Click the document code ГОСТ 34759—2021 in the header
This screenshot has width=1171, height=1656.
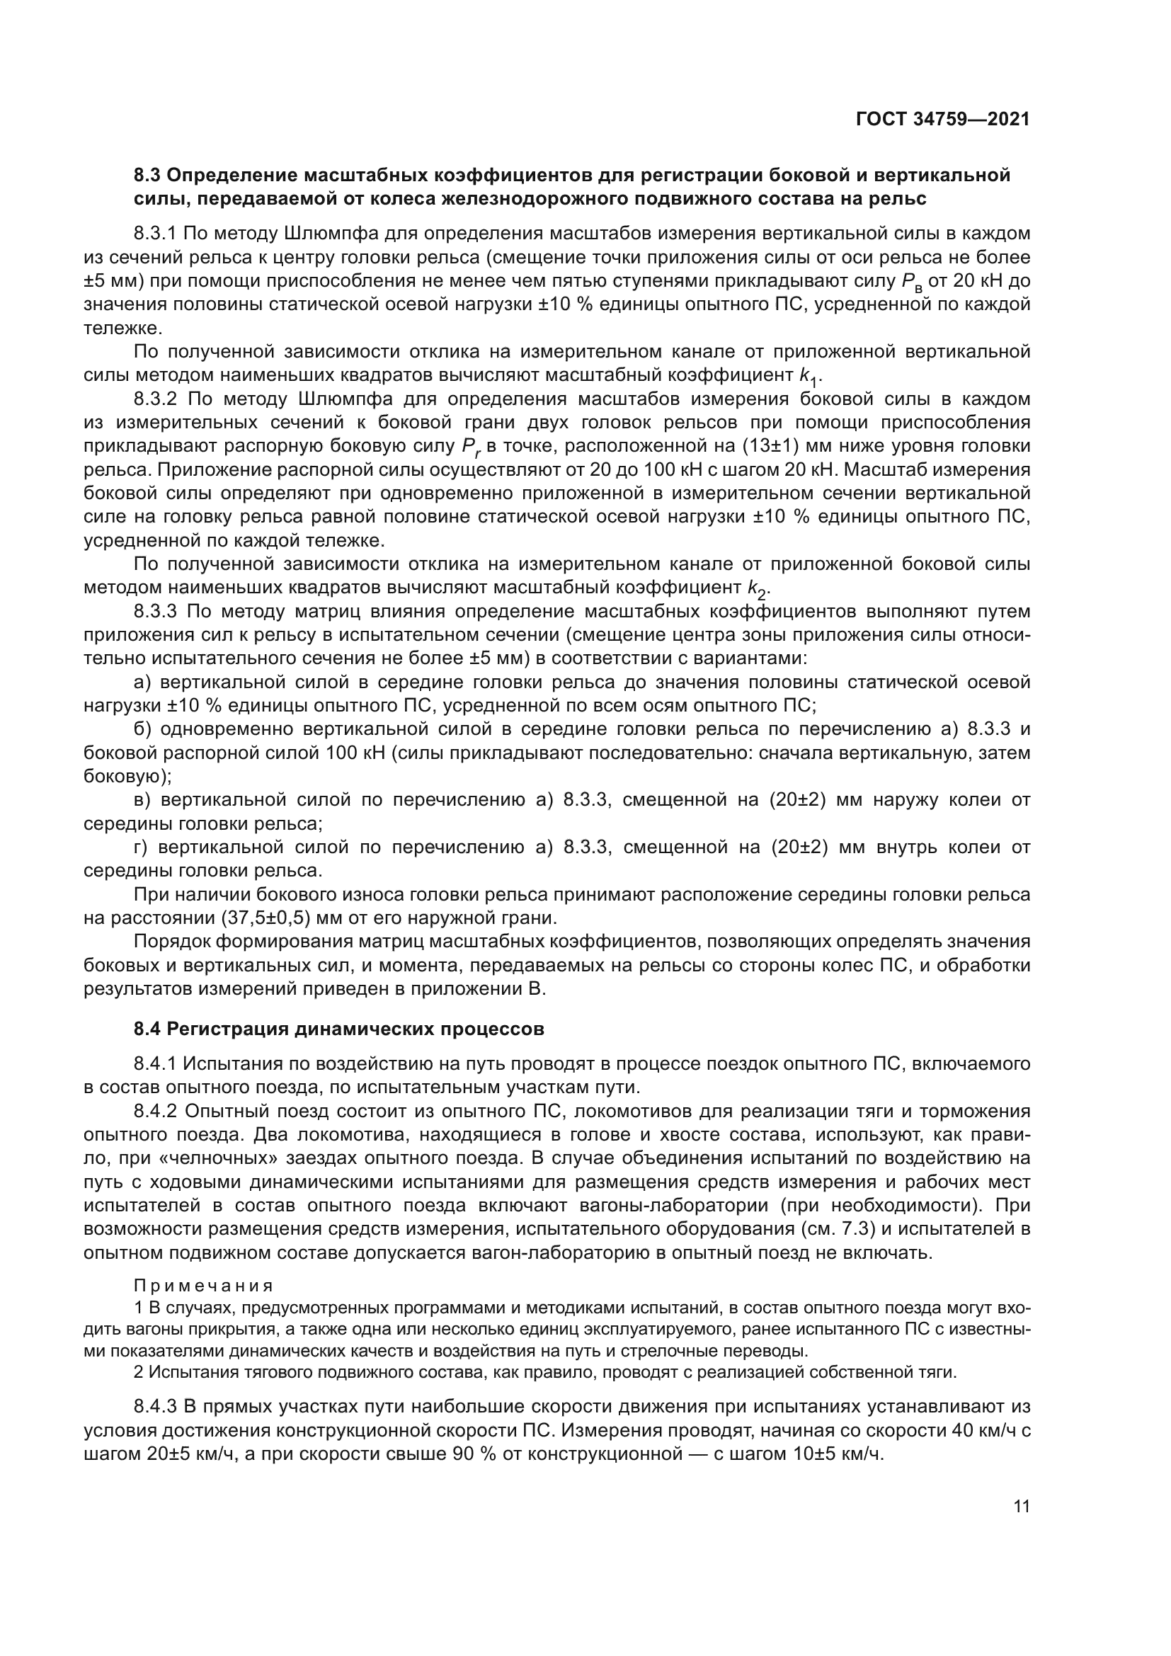pos(942,119)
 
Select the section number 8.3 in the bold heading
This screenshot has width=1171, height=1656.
pos(148,176)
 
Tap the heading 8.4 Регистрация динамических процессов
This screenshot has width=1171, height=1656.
pos(338,1029)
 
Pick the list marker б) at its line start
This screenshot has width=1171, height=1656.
pos(142,729)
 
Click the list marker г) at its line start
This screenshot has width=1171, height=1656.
pos(141,847)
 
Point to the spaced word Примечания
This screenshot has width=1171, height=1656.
pos(203,1286)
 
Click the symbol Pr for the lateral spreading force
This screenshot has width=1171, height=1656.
pos(469,447)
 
